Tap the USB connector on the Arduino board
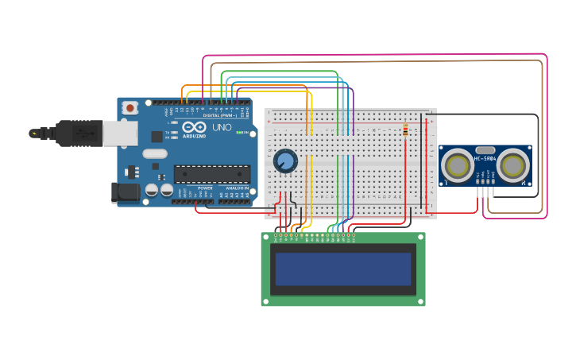119,134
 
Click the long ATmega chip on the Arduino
212,173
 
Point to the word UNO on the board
222,127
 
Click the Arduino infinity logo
195,127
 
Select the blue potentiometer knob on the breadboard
284,161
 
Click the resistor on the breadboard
405,130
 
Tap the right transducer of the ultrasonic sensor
513,166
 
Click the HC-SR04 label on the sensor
485,158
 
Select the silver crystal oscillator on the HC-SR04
485,149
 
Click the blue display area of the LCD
343,269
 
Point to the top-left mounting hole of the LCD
265,236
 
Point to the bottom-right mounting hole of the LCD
421,302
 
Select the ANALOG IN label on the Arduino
237,188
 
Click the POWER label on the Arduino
205,188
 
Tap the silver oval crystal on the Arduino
155,153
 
